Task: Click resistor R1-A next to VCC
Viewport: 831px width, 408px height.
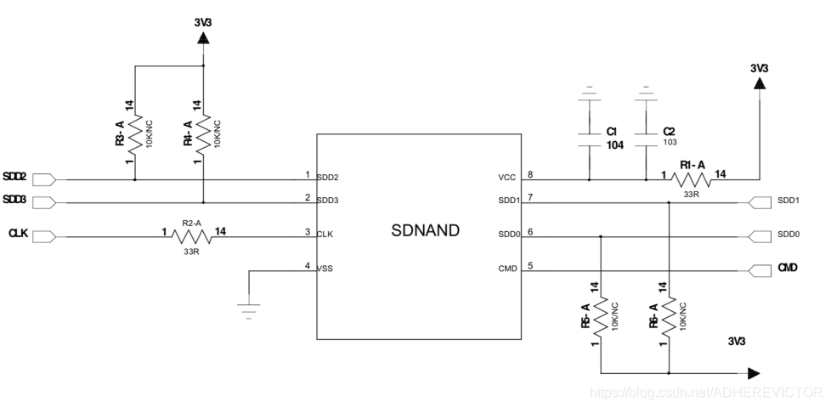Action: pos(691,179)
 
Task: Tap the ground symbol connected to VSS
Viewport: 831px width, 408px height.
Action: pos(249,310)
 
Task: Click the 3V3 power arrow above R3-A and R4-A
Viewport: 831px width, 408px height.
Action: pos(203,39)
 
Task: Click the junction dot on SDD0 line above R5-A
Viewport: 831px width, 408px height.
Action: pos(601,236)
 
